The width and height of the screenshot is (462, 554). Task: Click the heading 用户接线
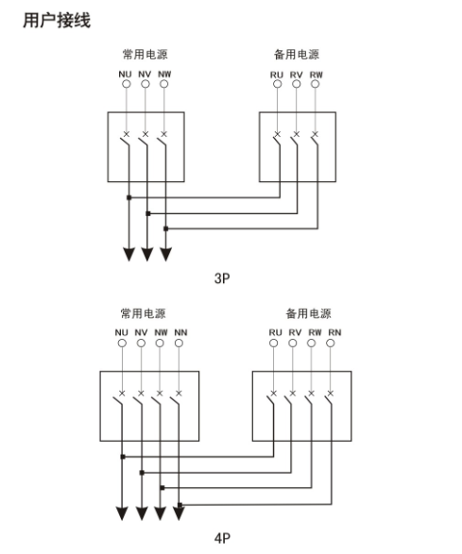[x=57, y=20]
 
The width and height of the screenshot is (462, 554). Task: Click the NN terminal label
[x=180, y=332]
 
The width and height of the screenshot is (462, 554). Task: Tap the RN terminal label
[x=334, y=332]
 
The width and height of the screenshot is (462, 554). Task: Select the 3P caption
[x=222, y=278]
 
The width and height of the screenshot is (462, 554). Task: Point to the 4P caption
[x=222, y=538]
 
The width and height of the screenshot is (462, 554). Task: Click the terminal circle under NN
[x=179, y=344]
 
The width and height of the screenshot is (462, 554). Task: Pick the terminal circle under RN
[x=331, y=344]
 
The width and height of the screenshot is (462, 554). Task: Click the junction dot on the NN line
[x=180, y=505]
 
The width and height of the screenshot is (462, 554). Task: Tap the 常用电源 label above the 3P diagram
[x=145, y=55]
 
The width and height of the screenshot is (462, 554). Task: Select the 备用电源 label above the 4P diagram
[x=308, y=313]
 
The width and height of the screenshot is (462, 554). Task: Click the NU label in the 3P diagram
[x=125, y=75]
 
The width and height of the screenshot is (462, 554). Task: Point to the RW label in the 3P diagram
[x=317, y=75]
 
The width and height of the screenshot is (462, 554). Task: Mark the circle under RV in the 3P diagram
[x=297, y=84]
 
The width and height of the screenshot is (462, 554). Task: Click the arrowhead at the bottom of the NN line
[x=179, y=513]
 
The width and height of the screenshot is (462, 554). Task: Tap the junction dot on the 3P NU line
[x=129, y=197]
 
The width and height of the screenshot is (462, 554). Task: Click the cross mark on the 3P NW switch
[x=163, y=134]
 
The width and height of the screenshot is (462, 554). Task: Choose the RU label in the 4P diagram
[x=275, y=332]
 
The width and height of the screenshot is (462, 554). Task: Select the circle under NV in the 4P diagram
[x=141, y=344]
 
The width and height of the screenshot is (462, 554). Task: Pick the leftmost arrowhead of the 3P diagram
[x=129, y=255]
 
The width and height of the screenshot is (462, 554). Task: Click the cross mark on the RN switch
[x=331, y=393]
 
